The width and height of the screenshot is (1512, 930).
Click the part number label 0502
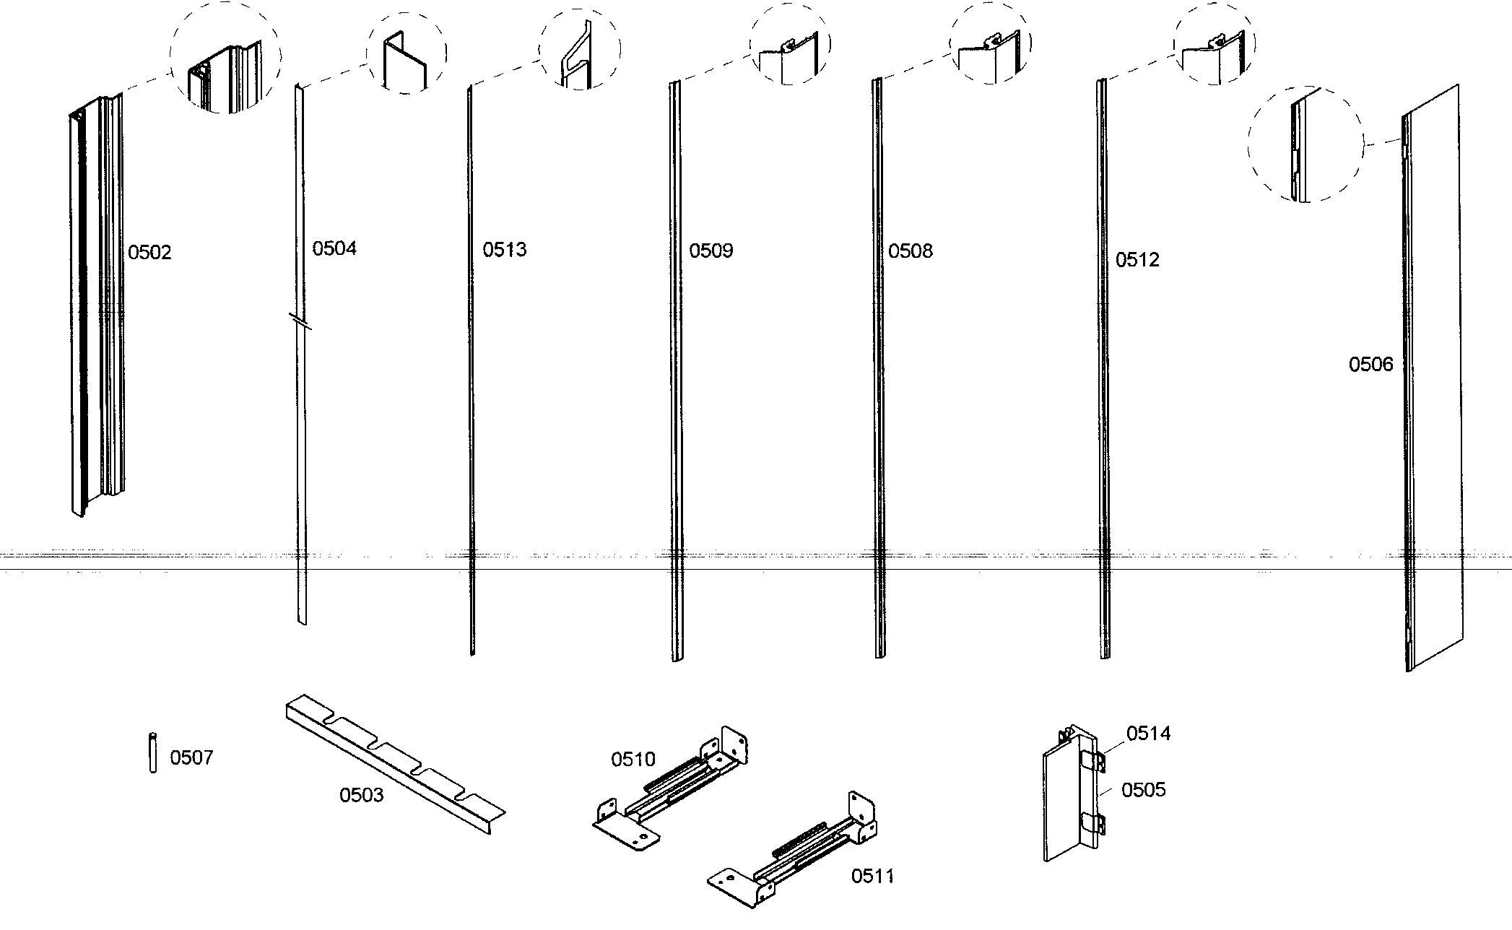[149, 253]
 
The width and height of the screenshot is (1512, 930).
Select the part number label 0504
[334, 249]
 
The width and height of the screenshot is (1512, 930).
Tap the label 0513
[505, 251]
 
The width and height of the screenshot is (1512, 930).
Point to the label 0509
[711, 251]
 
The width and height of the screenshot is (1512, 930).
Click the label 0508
[910, 251]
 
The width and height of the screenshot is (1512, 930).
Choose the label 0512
[1137, 260]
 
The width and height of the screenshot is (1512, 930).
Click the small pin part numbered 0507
[152, 753]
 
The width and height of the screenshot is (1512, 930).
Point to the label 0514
[1148, 734]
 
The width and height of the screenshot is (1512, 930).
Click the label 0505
[1143, 790]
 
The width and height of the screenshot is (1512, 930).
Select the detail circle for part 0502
[225, 58]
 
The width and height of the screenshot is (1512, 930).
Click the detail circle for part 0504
[406, 54]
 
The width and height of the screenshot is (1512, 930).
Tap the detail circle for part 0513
[581, 49]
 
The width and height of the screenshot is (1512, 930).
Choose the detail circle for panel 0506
[1305, 144]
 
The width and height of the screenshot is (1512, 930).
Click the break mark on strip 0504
[300, 321]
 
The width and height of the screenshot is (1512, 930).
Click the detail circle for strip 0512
[1215, 47]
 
